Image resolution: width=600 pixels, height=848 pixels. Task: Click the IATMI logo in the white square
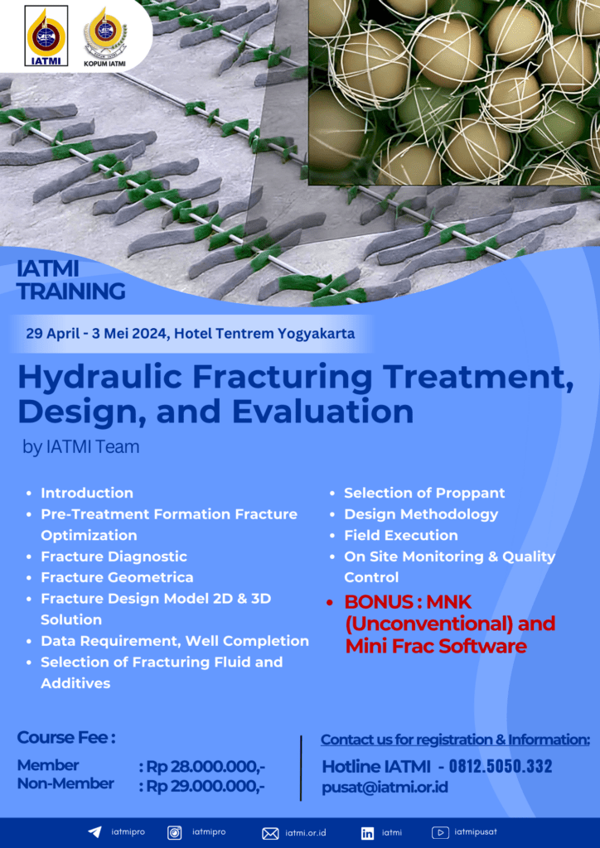pos(46,36)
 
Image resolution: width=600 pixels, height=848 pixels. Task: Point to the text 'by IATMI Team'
pos(81,447)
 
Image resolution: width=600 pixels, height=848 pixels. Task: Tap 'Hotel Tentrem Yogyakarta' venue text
pos(264,333)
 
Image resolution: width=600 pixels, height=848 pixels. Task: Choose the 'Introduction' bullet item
pos(87,493)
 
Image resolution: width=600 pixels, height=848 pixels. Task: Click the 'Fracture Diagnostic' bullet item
pos(114,556)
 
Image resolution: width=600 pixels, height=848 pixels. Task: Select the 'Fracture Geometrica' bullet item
pos(117,577)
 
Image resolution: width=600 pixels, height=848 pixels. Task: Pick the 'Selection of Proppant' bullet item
pos(424,493)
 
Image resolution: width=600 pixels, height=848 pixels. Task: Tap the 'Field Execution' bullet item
pos(401,535)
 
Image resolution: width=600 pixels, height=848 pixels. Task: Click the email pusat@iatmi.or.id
pos(385,787)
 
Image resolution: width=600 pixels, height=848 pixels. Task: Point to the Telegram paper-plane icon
pos(94,832)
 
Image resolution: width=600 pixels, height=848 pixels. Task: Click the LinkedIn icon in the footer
pos(367,833)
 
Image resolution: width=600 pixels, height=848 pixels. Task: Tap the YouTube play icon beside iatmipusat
pos(440,832)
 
